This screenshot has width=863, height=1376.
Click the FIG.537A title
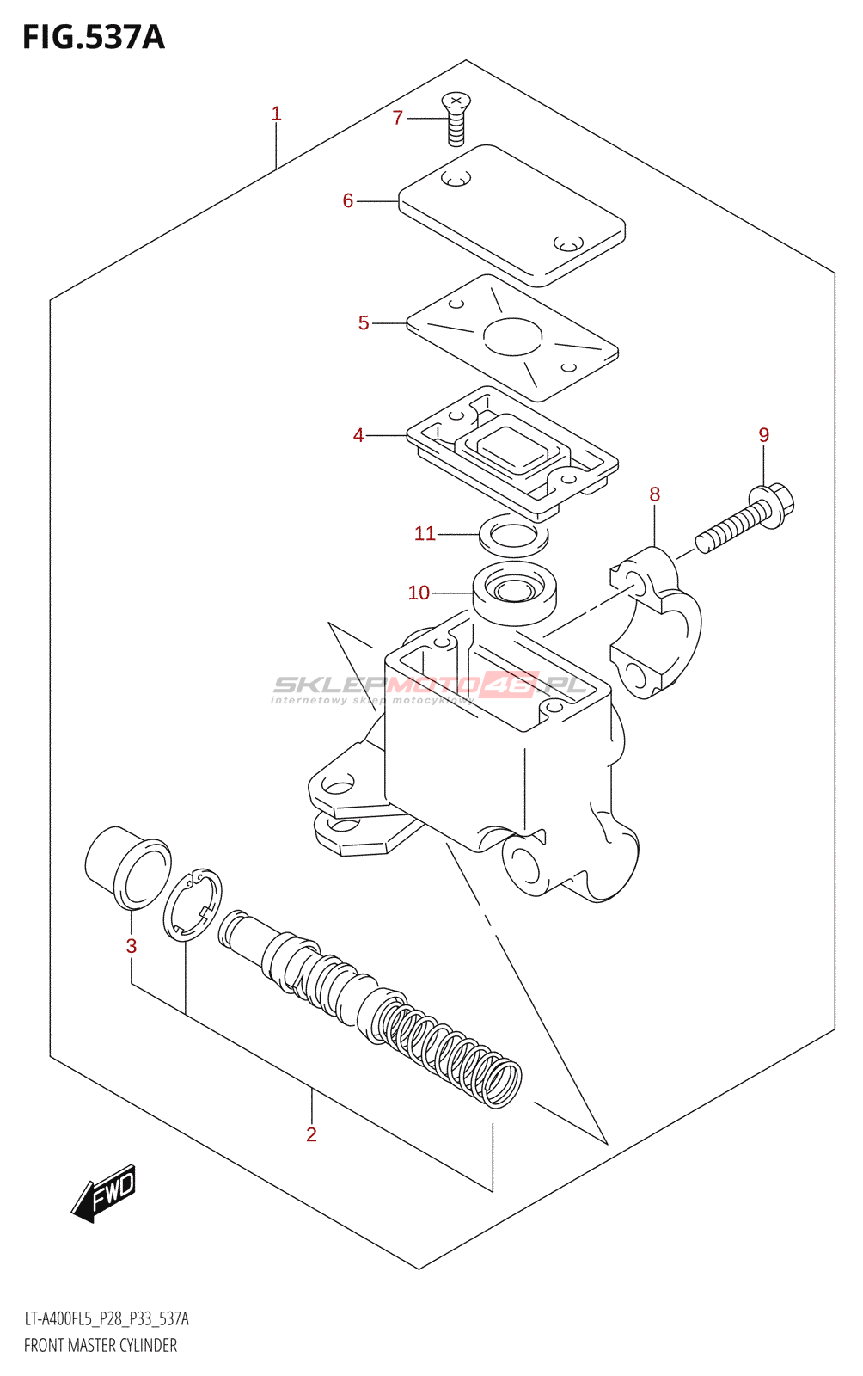[93, 37]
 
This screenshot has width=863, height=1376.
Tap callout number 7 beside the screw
[397, 118]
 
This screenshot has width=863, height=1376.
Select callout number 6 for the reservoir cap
[347, 200]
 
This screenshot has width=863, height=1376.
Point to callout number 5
[363, 322]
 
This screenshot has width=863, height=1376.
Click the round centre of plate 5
[512, 335]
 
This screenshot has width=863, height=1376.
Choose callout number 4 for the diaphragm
[358, 435]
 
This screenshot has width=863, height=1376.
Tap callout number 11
[425, 533]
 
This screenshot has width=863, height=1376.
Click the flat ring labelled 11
[514, 536]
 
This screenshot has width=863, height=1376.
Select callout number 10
[419, 593]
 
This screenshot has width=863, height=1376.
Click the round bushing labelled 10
[514, 592]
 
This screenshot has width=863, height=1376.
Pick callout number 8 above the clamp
[654, 494]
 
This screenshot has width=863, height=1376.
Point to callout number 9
[763, 435]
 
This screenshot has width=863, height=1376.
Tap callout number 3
[131, 946]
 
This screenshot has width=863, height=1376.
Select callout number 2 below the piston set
[311, 1134]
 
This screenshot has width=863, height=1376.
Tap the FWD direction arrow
[103, 1194]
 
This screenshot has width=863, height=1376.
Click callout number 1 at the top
[276, 114]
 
